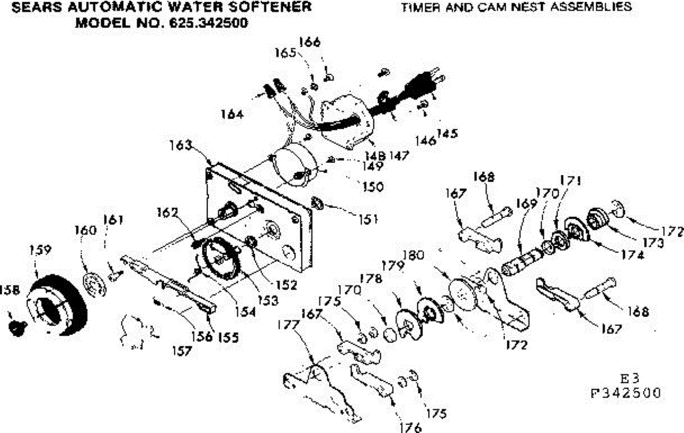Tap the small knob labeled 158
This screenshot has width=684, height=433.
point(17,326)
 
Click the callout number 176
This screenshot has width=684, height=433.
point(410,426)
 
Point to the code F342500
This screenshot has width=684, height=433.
point(626,393)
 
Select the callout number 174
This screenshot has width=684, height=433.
point(633,255)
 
